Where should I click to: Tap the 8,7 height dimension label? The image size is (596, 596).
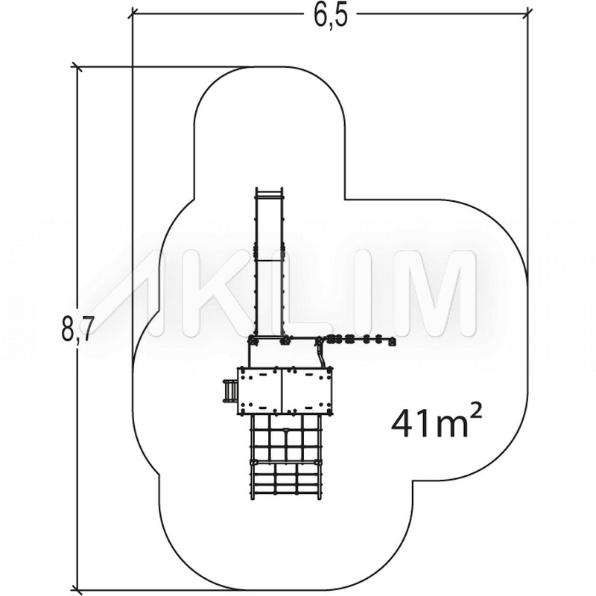[77, 328]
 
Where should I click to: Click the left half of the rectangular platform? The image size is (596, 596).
[259, 390]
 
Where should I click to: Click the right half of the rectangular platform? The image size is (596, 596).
[306, 390]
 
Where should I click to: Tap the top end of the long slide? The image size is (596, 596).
[270, 189]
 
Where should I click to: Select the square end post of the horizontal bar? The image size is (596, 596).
[392, 342]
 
